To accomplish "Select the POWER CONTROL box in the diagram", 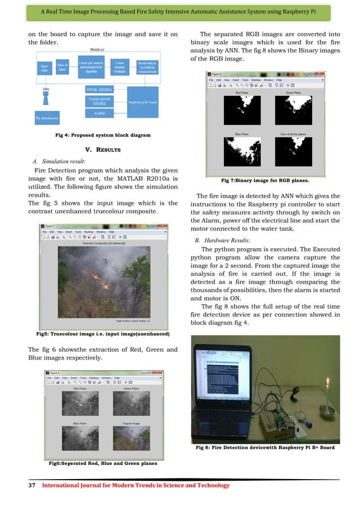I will tap(99, 89).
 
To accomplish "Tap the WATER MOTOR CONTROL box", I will tap(99, 101).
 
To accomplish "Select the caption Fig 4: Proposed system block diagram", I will tap(94, 135).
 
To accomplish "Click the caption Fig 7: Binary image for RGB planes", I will tap(266, 181).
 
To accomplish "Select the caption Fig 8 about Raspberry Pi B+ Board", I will tap(265, 447).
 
